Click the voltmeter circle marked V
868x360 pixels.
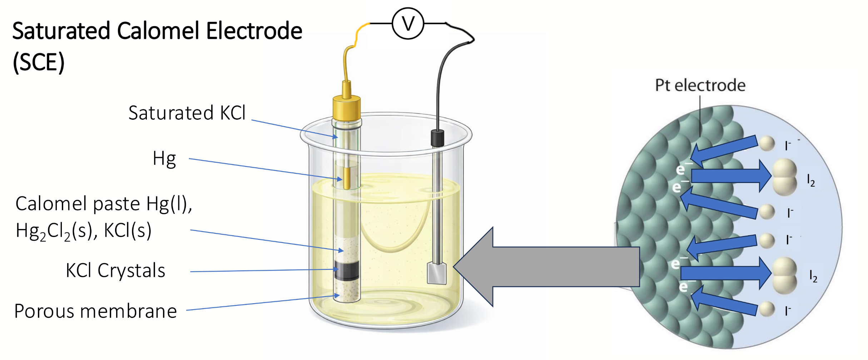coord(408,24)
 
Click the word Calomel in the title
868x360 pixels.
coord(158,31)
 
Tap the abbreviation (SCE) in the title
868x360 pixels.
coord(39,62)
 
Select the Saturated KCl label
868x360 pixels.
coord(187,113)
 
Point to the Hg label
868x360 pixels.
coord(164,159)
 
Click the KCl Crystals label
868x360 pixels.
coord(115,270)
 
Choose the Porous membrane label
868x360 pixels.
coord(95,311)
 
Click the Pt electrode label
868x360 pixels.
coord(700,85)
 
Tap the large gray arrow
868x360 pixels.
coord(546,267)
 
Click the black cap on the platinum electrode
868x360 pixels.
coord(437,138)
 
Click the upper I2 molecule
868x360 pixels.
coord(785,177)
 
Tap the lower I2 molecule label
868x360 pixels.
coord(813,276)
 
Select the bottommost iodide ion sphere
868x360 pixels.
coord(767,309)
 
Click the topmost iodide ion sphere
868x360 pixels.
coord(767,144)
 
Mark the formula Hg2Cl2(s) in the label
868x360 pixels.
coord(57,231)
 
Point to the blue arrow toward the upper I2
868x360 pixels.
coord(731,176)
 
